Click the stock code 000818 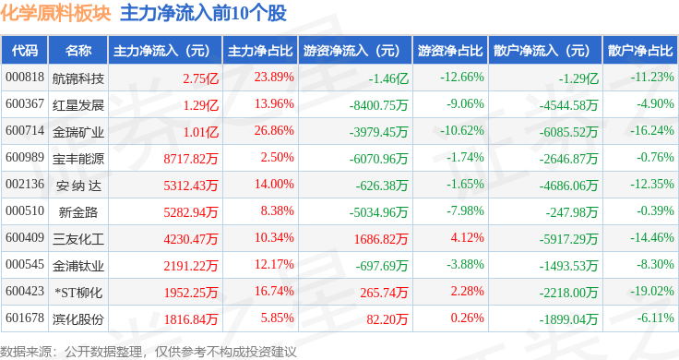point(25,78)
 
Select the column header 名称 point(78,51)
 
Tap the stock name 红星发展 point(78,105)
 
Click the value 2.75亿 point(200,78)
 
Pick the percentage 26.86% point(274,130)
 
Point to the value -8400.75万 point(378,105)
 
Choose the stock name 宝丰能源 point(78,159)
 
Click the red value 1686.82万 point(381,239)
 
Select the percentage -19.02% point(651,291)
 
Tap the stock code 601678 point(25,318)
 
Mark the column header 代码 point(25,51)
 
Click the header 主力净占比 point(260,51)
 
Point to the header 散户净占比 point(640,51)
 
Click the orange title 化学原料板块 point(56,14)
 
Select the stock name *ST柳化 point(78,293)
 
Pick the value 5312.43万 point(191,186)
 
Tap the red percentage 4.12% point(467,237)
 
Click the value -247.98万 point(572,212)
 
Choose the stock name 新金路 point(78,212)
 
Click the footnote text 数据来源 point(26,352)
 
